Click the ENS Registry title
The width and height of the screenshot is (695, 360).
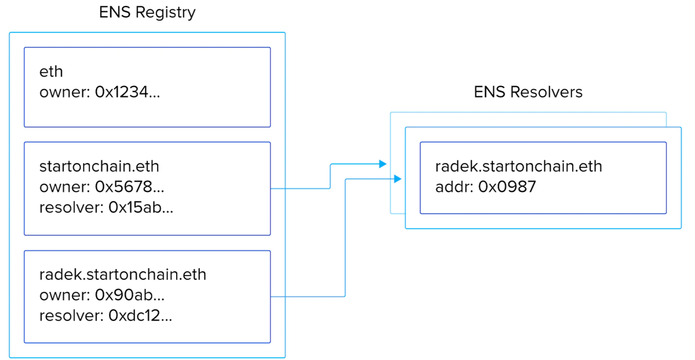coord(147,12)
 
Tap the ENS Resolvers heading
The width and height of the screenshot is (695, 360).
coord(528,92)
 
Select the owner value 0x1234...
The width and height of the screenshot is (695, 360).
coord(127,92)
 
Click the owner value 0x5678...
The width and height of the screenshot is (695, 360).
coord(130,187)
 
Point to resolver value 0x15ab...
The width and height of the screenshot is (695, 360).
coord(141,207)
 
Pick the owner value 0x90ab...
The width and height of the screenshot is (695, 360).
coord(130,295)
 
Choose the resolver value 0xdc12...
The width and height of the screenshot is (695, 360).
coord(140,316)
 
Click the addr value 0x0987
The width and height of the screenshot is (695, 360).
coord(507,187)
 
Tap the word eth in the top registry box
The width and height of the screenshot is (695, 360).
coord(51,72)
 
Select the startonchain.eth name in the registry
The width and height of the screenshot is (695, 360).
coord(99,166)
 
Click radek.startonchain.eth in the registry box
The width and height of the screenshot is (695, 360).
coord(123,274)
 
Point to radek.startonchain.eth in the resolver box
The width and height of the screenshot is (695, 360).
coord(518,166)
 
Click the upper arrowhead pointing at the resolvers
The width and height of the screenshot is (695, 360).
coord(383,164)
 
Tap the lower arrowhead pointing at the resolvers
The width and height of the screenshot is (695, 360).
coord(398,179)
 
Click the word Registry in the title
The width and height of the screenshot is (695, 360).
coord(165,12)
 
